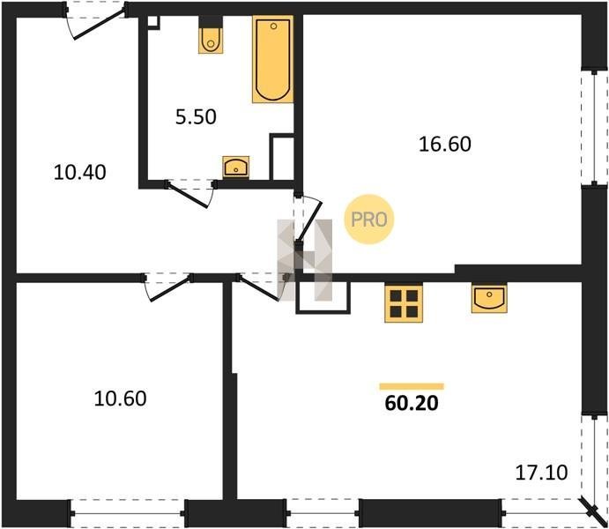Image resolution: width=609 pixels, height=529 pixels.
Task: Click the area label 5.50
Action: pyautogui.click(x=196, y=117)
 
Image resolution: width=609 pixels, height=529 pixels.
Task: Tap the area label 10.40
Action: pyautogui.click(x=79, y=172)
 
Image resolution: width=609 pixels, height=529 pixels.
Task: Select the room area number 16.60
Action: pyautogui.click(x=445, y=144)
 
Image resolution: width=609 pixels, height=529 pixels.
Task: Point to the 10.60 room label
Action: pyautogui.click(x=121, y=399)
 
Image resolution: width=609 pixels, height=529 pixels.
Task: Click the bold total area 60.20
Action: pyautogui.click(x=412, y=403)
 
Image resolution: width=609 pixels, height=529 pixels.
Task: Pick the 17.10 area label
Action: pyautogui.click(x=541, y=473)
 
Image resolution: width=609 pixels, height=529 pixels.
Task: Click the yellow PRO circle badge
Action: pyautogui.click(x=369, y=220)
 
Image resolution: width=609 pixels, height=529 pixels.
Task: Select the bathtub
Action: pyautogui.click(x=272, y=59)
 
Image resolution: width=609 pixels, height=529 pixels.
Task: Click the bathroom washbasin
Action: pyautogui.click(x=235, y=167)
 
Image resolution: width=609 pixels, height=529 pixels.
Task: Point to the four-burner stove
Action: pyautogui.click(x=404, y=303)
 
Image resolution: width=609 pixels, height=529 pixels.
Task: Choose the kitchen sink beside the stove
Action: pyautogui.click(x=489, y=299)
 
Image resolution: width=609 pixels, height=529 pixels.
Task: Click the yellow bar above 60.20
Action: pyautogui.click(x=412, y=386)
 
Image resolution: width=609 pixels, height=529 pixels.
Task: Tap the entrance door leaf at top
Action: pyautogui.click(x=100, y=23)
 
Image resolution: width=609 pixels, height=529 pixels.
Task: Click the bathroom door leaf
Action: pyautogui.click(x=188, y=195)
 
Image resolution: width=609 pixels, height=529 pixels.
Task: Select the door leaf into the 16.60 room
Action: pyautogui.click(x=309, y=222)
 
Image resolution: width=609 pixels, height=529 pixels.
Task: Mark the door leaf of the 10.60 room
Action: pyautogui.click(x=170, y=288)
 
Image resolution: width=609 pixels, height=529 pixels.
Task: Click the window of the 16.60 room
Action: pyautogui.click(x=594, y=128)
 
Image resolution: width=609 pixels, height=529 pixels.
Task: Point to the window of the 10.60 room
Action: pyautogui.click(x=128, y=513)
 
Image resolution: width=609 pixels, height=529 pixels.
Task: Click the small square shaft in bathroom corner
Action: pyautogui.click(x=153, y=22)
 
